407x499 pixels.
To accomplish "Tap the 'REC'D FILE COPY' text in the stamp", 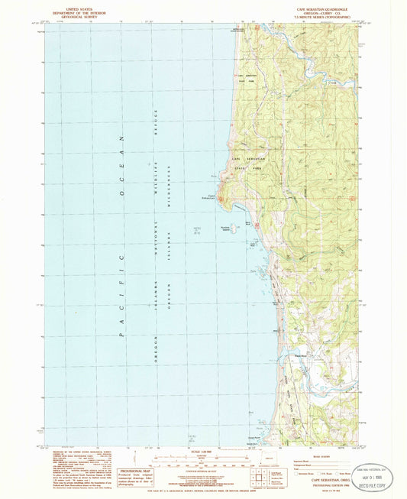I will [383, 487].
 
